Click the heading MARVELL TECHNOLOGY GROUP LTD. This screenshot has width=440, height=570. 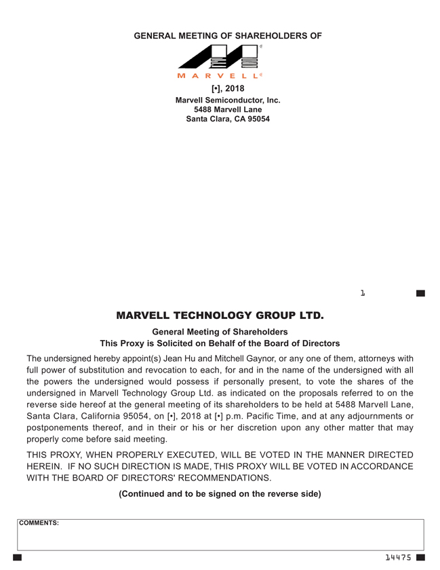tap(220, 316)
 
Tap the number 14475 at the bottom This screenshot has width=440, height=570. tap(398, 557)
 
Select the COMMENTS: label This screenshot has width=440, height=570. tap(39, 523)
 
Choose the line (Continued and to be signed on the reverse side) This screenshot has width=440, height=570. tap(220, 494)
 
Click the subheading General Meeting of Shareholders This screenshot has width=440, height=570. tap(220, 332)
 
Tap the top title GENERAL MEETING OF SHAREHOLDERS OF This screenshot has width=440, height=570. tap(228, 35)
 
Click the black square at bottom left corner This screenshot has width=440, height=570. tap(18, 557)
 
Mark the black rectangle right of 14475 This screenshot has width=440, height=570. tap(420, 557)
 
